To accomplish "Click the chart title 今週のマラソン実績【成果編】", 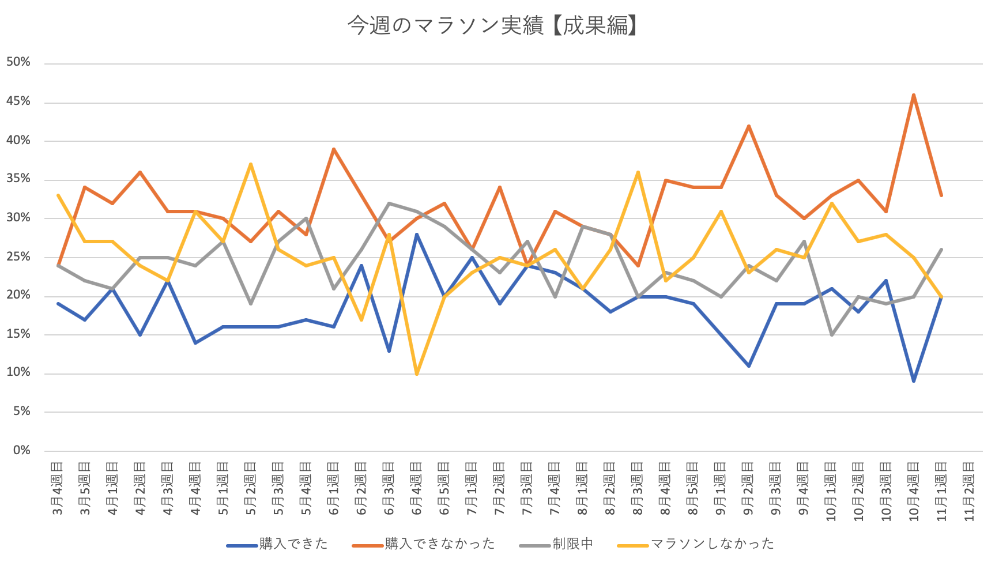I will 492,26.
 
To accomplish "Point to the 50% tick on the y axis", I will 18,62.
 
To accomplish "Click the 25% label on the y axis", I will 18,256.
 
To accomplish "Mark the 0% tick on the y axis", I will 21,450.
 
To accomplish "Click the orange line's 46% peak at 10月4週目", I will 914,95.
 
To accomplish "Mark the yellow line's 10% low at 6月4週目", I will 417,373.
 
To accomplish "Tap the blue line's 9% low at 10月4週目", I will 914,381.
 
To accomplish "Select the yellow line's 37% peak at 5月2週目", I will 251,164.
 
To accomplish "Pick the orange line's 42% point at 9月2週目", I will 748,126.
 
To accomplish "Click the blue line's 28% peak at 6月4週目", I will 417,234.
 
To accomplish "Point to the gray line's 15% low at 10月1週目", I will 831,335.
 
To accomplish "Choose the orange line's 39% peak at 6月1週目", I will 334,149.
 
